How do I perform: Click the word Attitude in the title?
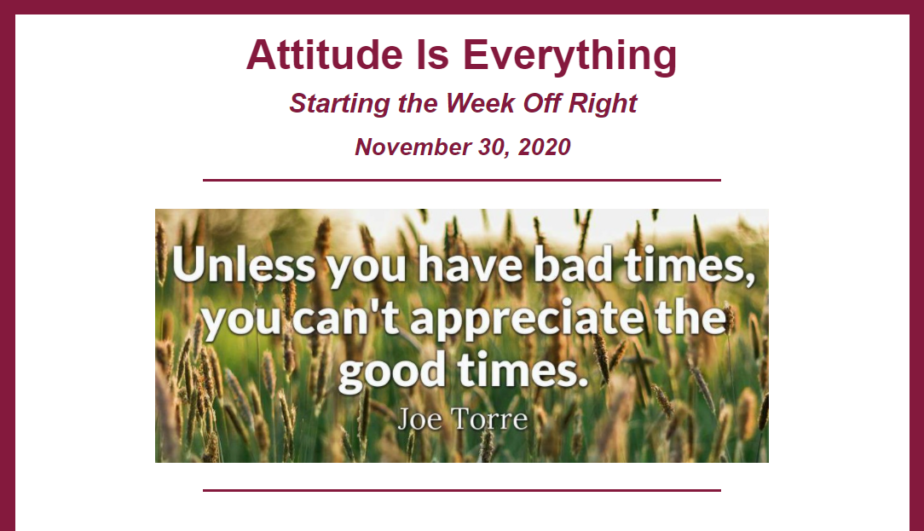coord(325,55)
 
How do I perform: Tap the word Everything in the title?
coord(570,57)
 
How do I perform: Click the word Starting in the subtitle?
coord(339,104)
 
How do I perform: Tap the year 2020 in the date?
coord(545,147)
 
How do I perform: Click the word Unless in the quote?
coord(244,264)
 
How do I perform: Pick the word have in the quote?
coord(471,264)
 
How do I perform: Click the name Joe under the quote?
coord(419,419)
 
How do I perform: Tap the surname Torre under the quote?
coord(489,419)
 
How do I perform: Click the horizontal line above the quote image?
coord(462,181)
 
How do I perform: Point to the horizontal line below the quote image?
coord(462,490)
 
